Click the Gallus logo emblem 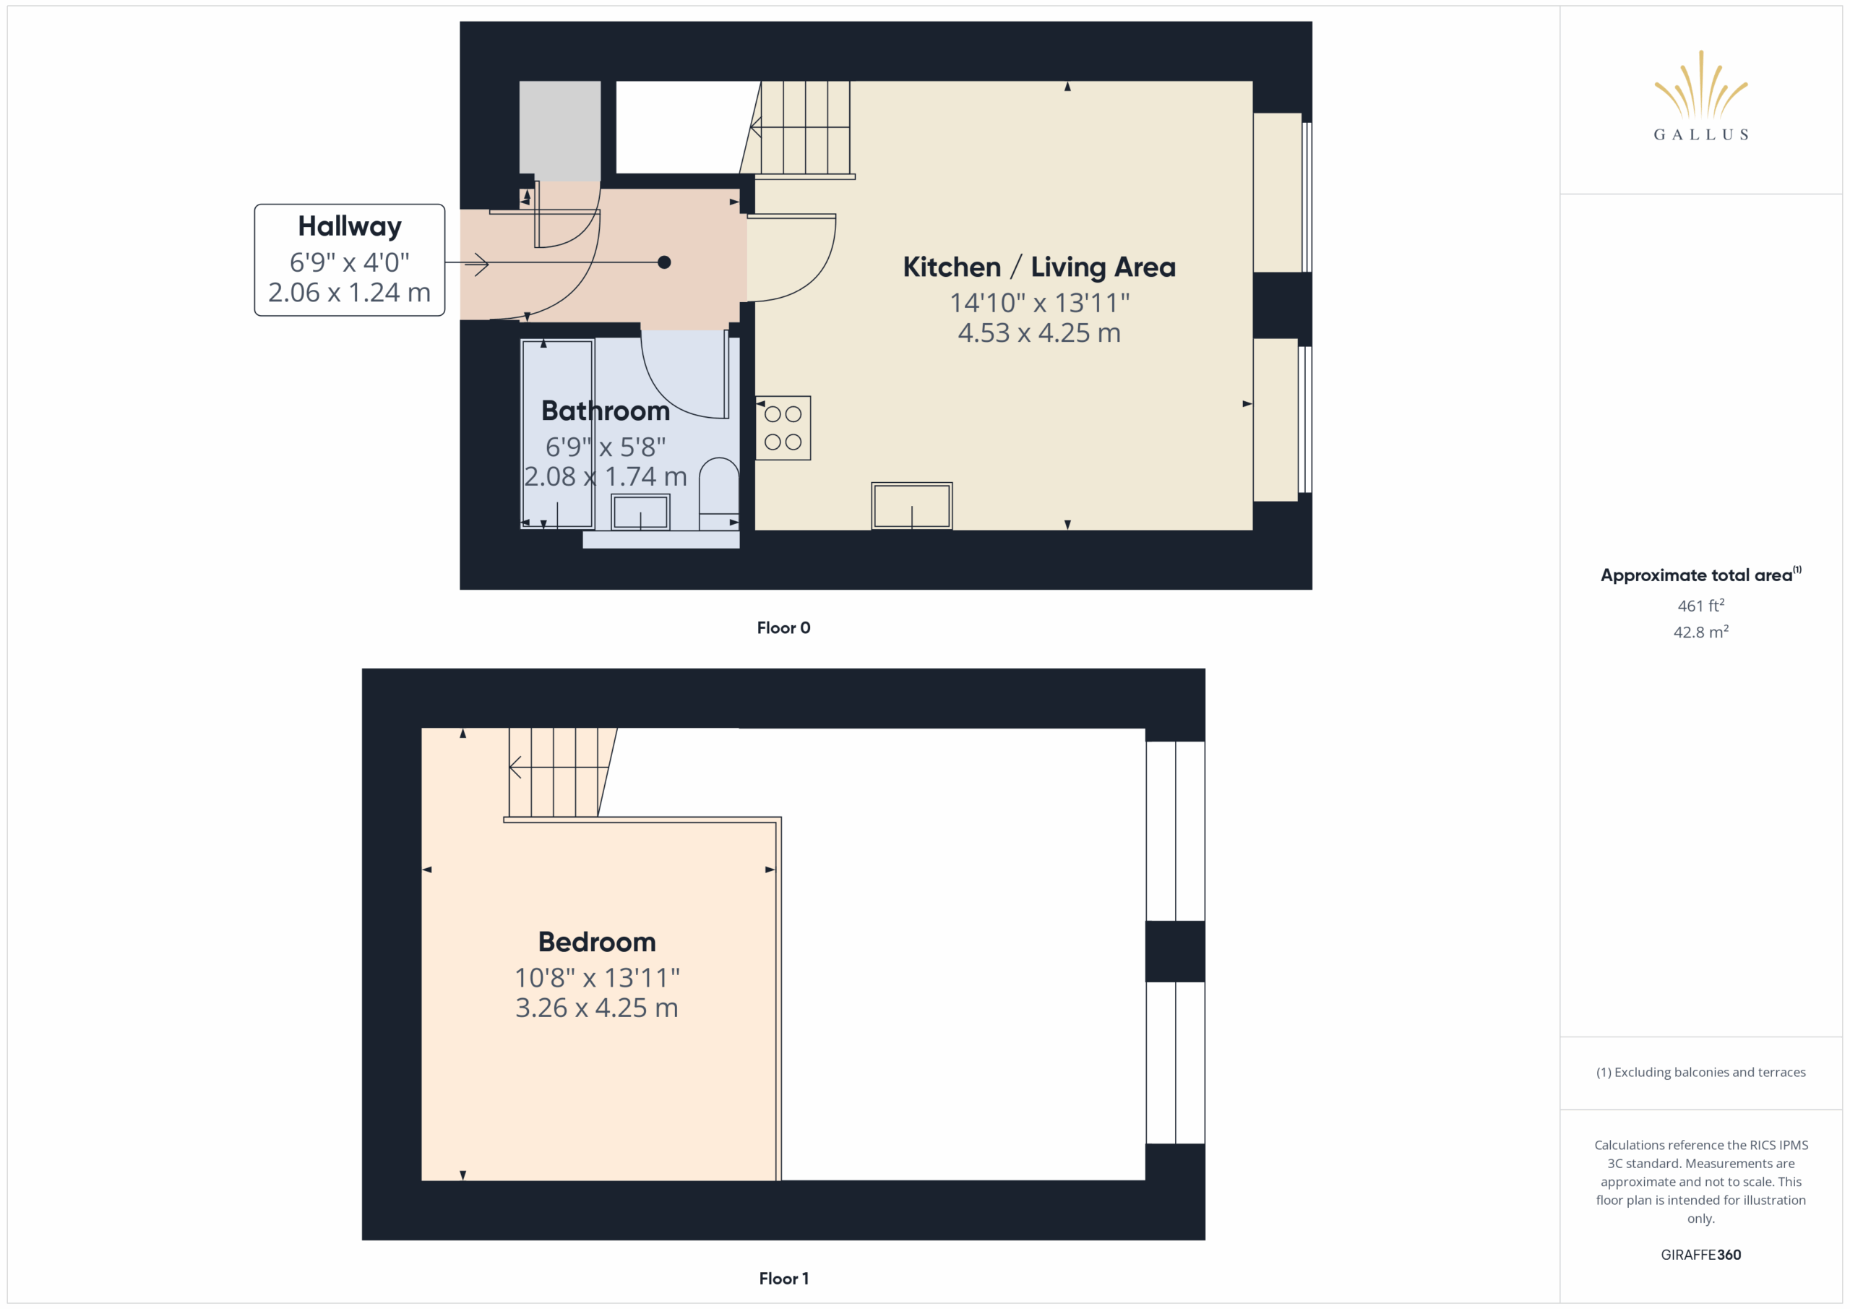pyautogui.click(x=1700, y=85)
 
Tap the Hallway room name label pyautogui.click(x=350, y=226)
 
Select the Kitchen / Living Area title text pyautogui.click(x=1038, y=267)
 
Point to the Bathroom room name pyautogui.click(x=605, y=411)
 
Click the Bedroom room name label pyautogui.click(x=597, y=941)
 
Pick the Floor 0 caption pyautogui.click(x=783, y=628)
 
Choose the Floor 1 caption pyautogui.click(x=783, y=1279)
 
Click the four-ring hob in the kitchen pyautogui.click(x=783, y=428)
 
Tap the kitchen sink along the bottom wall pyautogui.click(x=911, y=505)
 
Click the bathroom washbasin pyautogui.click(x=640, y=512)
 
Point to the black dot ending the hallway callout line pyautogui.click(x=664, y=262)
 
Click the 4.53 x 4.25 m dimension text pyautogui.click(x=1038, y=333)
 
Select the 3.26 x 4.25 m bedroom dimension pyautogui.click(x=596, y=1008)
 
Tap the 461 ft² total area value pyautogui.click(x=1700, y=605)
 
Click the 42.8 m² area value pyautogui.click(x=1700, y=632)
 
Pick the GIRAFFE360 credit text pyautogui.click(x=1700, y=1254)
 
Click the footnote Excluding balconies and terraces pyautogui.click(x=1700, y=1072)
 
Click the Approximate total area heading pyautogui.click(x=1700, y=574)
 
